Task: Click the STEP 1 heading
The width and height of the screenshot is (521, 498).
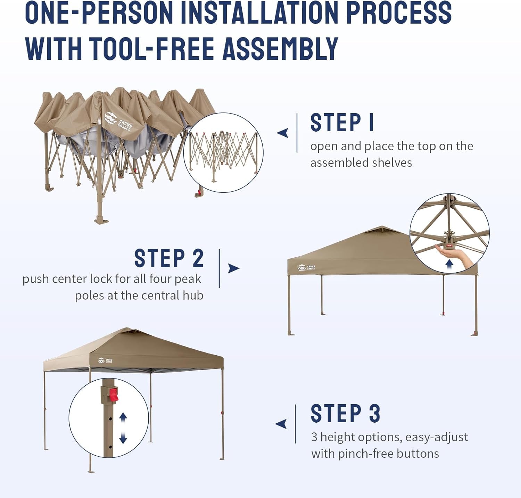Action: pyautogui.click(x=342, y=123)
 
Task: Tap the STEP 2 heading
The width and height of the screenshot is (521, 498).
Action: pyautogui.click(x=169, y=258)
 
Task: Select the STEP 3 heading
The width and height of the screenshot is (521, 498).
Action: pyautogui.click(x=345, y=413)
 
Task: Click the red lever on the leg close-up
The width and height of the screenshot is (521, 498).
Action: pyautogui.click(x=114, y=395)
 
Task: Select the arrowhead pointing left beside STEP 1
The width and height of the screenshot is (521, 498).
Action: pyautogui.click(x=282, y=133)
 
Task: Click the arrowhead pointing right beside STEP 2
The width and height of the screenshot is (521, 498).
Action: pyautogui.click(x=233, y=268)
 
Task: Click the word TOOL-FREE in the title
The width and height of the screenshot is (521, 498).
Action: pyautogui.click(x=152, y=49)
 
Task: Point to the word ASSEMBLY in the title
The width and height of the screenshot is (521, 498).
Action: pyautogui.click(x=280, y=49)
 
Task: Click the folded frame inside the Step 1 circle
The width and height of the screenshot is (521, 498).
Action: pyautogui.click(x=223, y=153)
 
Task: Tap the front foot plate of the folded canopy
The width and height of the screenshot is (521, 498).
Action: pyautogui.click(x=101, y=220)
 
